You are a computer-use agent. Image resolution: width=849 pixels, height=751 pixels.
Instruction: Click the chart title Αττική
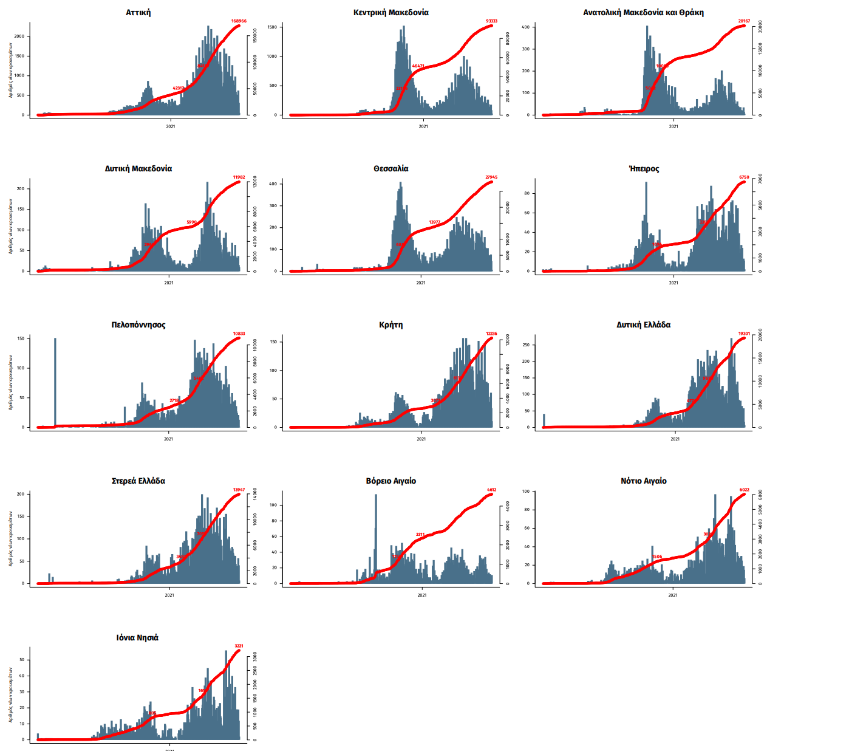pyautogui.click(x=138, y=13)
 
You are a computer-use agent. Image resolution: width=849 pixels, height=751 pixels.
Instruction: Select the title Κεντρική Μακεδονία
pyautogui.click(x=391, y=13)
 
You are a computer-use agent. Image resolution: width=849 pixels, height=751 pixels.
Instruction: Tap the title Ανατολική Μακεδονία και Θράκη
pyautogui.click(x=643, y=13)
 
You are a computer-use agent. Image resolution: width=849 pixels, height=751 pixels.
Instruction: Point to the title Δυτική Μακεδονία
pyautogui.click(x=138, y=169)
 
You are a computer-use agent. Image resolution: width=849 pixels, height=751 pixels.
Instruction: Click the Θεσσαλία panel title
pyautogui.click(x=391, y=169)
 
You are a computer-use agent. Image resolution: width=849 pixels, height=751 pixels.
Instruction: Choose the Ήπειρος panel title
pyautogui.click(x=644, y=169)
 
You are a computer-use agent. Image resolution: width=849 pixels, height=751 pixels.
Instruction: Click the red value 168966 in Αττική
pyautogui.click(x=239, y=21)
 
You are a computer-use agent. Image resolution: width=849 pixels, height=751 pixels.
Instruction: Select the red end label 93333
pyautogui.click(x=491, y=21)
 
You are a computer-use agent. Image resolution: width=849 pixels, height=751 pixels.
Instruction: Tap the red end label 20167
pyautogui.click(x=744, y=21)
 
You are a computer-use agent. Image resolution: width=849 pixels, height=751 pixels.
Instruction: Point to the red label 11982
pyautogui.click(x=239, y=177)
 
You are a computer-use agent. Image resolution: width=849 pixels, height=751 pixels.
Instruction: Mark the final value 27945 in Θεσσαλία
pyautogui.click(x=491, y=177)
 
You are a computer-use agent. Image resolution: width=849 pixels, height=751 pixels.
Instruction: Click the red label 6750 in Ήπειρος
pyautogui.click(x=744, y=177)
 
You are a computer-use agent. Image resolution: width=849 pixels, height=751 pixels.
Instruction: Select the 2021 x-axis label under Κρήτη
pyautogui.click(x=421, y=439)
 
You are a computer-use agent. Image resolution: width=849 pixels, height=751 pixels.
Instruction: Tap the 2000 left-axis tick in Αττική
pyautogui.click(x=19, y=36)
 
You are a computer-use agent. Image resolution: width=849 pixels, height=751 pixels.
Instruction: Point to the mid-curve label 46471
pyautogui.click(x=418, y=66)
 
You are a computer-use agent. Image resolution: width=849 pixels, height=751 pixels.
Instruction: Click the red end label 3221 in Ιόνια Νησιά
pyautogui.click(x=239, y=646)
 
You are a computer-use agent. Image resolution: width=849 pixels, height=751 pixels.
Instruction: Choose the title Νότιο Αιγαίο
pyautogui.click(x=644, y=481)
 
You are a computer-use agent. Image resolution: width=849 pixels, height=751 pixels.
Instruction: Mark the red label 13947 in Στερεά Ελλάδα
pyautogui.click(x=239, y=490)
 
